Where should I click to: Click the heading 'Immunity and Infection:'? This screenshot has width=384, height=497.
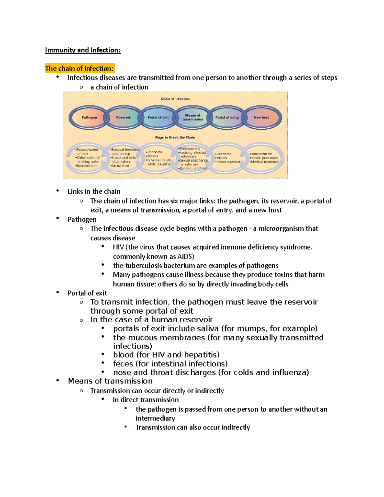click(x=83, y=50)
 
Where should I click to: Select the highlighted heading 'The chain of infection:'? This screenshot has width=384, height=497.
click(x=79, y=68)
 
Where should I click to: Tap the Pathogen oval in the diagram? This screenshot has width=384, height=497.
click(x=89, y=117)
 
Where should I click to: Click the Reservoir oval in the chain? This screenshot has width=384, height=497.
click(x=124, y=117)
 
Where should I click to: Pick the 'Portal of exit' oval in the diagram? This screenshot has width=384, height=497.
click(x=158, y=117)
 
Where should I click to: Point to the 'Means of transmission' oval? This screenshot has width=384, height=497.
click(x=193, y=117)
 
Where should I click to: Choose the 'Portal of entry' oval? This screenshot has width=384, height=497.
click(x=227, y=117)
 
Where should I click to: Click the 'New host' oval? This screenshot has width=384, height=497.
click(x=261, y=117)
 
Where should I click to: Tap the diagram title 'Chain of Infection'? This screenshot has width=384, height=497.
click(x=175, y=99)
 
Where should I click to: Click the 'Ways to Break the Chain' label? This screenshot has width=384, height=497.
click(x=175, y=137)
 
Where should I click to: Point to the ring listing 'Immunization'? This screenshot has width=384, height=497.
click(x=264, y=158)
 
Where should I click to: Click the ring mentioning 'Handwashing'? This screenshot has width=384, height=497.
click(x=193, y=158)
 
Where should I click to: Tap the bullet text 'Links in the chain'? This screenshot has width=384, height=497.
click(x=94, y=191)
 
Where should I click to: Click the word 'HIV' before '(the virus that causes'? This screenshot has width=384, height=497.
click(x=118, y=247)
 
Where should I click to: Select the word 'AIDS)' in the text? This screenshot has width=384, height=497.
click(x=186, y=256)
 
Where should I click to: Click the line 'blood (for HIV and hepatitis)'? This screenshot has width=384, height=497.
click(x=166, y=355)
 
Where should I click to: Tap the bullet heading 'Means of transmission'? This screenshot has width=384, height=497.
click(x=110, y=381)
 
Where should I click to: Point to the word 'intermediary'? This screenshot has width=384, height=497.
click(x=155, y=418)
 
